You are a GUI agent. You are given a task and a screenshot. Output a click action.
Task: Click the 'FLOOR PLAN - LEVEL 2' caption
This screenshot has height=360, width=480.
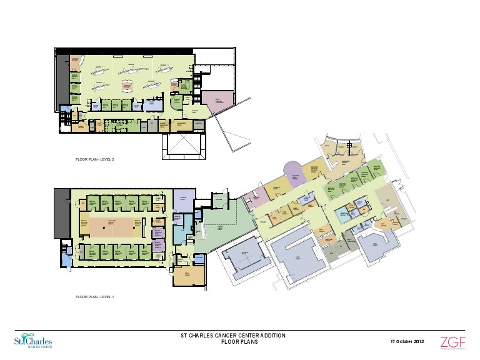pos(94,159)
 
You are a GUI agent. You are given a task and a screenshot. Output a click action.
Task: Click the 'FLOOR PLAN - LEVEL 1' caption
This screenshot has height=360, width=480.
pos(94,297)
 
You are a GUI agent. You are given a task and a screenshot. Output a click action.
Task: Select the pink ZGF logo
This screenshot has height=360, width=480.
pos(453,342)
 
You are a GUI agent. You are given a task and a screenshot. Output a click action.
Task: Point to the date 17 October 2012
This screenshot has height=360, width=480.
pos(407,342)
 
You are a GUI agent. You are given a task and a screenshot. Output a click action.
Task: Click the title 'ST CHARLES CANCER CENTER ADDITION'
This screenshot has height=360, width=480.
pos(232,336)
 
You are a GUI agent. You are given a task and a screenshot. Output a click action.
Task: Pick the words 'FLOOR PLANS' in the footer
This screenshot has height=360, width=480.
pos(232,342)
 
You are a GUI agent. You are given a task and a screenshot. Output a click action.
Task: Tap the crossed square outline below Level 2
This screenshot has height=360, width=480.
pos(181,145)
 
